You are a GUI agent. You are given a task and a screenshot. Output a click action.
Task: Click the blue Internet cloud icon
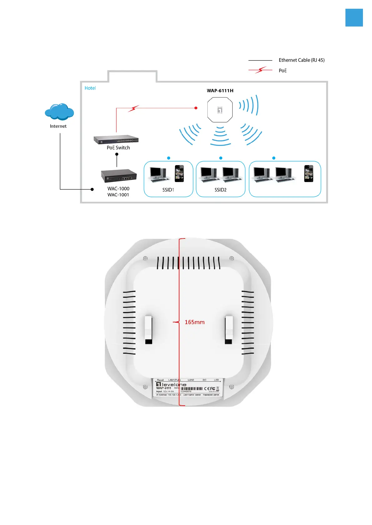(x=59, y=112)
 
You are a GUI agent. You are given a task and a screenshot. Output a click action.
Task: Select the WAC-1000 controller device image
(x=119, y=176)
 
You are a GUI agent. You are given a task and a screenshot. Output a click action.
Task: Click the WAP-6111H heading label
(x=220, y=91)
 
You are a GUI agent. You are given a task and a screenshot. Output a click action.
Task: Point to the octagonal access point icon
(x=220, y=110)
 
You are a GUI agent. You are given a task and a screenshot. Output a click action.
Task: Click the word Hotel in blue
(x=90, y=88)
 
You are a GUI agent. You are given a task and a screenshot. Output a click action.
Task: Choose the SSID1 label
(x=168, y=190)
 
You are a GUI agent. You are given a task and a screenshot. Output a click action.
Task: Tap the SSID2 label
(x=221, y=190)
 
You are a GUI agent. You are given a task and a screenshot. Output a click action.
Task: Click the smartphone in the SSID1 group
(x=179, y=173)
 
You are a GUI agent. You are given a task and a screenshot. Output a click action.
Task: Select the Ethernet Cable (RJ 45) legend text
(x=301, y=60)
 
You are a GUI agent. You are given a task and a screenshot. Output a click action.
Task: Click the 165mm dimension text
(x=195, y=322)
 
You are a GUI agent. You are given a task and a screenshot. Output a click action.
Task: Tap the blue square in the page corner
(x=354, y=17)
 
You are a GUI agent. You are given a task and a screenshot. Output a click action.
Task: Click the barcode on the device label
(x=191, y=388)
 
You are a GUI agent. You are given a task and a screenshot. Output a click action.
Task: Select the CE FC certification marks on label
(x=210, y=388)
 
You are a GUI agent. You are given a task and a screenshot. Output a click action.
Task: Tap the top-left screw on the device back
(x=145, y=258)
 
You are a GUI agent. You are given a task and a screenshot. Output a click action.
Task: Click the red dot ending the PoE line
(x=196, y=108)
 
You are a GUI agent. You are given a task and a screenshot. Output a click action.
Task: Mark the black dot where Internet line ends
(x=92, y=189)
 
